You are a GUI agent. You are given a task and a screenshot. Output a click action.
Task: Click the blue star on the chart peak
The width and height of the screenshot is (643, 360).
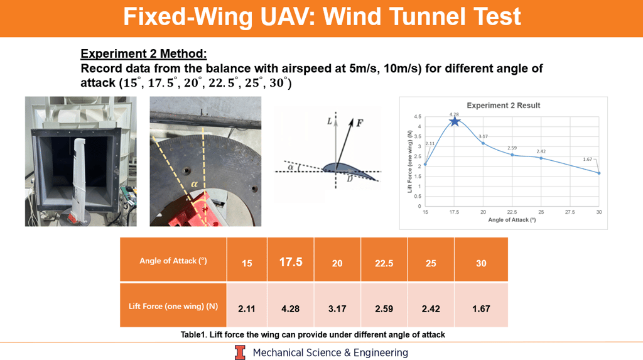coord(455,121)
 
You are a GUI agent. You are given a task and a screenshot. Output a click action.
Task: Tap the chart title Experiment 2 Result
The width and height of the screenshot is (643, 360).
coord(503,106)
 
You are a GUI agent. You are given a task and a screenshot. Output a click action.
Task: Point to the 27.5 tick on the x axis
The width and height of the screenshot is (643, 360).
coord(570,212)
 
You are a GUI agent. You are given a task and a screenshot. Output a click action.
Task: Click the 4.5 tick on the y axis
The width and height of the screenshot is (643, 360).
coord(418,117)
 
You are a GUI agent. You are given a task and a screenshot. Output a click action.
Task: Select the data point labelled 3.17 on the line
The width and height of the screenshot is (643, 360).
coord(483,143)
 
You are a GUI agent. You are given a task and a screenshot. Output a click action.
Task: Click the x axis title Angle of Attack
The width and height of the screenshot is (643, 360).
coord(512,220)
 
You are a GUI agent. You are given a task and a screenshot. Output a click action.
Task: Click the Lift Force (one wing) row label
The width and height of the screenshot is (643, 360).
coord(173,306)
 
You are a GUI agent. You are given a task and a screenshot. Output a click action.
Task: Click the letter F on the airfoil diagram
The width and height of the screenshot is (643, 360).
coord(360,123)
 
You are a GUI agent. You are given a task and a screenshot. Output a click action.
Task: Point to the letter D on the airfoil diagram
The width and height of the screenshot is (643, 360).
coord(350,179)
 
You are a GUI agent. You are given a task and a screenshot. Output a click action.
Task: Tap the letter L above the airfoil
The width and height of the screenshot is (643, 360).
coord(329,121)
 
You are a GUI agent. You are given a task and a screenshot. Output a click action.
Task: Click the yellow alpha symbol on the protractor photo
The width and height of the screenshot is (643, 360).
coord(194,184)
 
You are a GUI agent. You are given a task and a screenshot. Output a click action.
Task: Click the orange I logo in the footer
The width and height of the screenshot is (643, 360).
coord(240,352)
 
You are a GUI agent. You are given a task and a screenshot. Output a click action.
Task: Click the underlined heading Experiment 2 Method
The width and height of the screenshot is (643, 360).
coord(144,54)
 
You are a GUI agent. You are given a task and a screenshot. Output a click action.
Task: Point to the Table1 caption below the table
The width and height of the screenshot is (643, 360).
coord(313,334)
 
